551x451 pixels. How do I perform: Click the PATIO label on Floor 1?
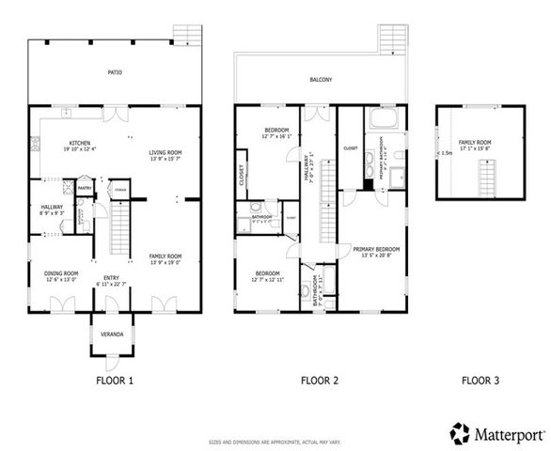(x=114, y=72)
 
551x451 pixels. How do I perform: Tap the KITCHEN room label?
(x=78, y=144)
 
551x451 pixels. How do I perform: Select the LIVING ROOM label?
(x=165, y=152)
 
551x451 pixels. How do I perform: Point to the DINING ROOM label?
(x=61, y=273)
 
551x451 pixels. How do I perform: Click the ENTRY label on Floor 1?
(x=112, y=277)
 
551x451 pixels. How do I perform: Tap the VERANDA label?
(x=104, y=333)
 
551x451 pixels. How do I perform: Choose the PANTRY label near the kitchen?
(x=84, y=187)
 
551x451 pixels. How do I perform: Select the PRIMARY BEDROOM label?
(x=376, y=249)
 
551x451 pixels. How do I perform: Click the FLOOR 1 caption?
(x=115, y=381)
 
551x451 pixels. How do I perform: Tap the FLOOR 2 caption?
(x=319, y=381)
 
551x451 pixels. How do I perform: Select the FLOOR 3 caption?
(x=480, y=381)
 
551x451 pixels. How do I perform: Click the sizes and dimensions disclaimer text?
(x=275, y=441)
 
